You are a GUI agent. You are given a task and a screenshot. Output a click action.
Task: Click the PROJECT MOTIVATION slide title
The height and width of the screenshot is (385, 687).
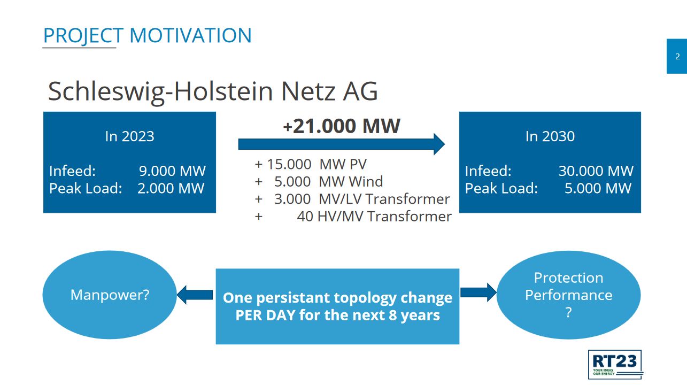click(x=147, y=36)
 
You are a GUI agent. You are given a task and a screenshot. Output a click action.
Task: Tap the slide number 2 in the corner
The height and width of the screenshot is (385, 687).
click(x=677, y=57)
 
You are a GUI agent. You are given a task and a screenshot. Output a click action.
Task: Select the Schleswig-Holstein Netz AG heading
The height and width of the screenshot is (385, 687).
click(x=213, y=91)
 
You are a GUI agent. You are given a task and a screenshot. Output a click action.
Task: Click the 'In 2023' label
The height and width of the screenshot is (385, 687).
click(x=129, y=136)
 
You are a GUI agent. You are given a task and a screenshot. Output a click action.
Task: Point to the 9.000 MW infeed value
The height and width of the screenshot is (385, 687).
click(x=172, y=171)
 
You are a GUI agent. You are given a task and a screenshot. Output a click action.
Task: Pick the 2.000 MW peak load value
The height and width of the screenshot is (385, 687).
click(x=171, y=188)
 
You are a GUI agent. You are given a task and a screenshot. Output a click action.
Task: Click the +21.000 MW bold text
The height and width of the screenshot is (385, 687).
click(x=341, y=126)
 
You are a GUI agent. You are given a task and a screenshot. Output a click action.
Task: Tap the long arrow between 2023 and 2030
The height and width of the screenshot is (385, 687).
click(x=341, y=144)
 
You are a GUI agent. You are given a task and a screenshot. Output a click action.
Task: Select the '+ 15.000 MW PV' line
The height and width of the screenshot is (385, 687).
click(x=311, y=164)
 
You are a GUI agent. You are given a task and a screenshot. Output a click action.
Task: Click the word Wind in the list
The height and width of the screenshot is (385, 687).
click(x=366, y=181)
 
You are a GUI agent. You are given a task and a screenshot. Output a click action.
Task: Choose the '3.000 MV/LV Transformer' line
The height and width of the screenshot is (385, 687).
click(x=362, y=199)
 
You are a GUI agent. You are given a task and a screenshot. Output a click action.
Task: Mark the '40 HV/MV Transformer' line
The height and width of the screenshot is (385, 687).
click(x=374, y=216)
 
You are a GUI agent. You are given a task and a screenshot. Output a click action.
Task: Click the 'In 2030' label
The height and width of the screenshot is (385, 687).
click(x=550, y=136)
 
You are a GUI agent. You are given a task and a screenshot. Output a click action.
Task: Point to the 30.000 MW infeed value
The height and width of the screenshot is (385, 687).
click(x=596, y=171)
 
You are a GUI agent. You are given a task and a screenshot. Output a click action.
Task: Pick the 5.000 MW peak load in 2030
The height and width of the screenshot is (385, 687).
click(x=598, y=188)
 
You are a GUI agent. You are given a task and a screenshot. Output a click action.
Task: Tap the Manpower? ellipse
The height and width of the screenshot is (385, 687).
click(x=110, y=295)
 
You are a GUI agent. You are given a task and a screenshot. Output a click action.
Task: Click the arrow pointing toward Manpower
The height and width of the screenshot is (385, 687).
click(x=195, y=295)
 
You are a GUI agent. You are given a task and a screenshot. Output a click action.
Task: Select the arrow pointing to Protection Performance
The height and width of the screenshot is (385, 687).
click(x=478, y=292)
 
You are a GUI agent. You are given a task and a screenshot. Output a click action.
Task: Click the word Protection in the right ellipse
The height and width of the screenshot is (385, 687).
click(x=568, y=278)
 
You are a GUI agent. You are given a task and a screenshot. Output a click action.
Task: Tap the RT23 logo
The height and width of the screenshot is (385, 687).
click(x=615, y=365)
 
